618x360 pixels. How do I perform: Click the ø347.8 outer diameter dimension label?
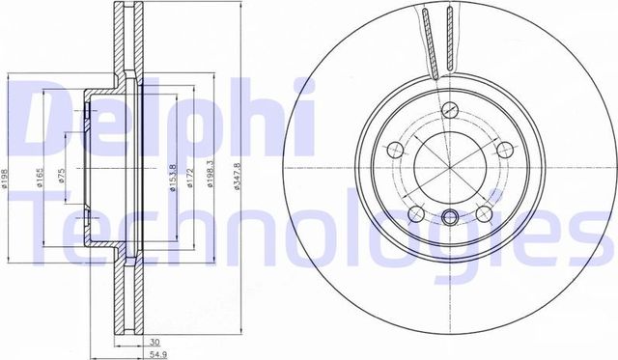coord(237,174)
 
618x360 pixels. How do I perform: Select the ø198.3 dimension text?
coord(211,174)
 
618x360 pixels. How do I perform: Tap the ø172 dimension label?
coord(192,174)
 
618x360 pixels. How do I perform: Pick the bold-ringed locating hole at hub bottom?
coord(449,217)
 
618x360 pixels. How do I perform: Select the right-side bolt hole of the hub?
coord(503,149)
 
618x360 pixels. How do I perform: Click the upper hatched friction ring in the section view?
coord(124,39)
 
